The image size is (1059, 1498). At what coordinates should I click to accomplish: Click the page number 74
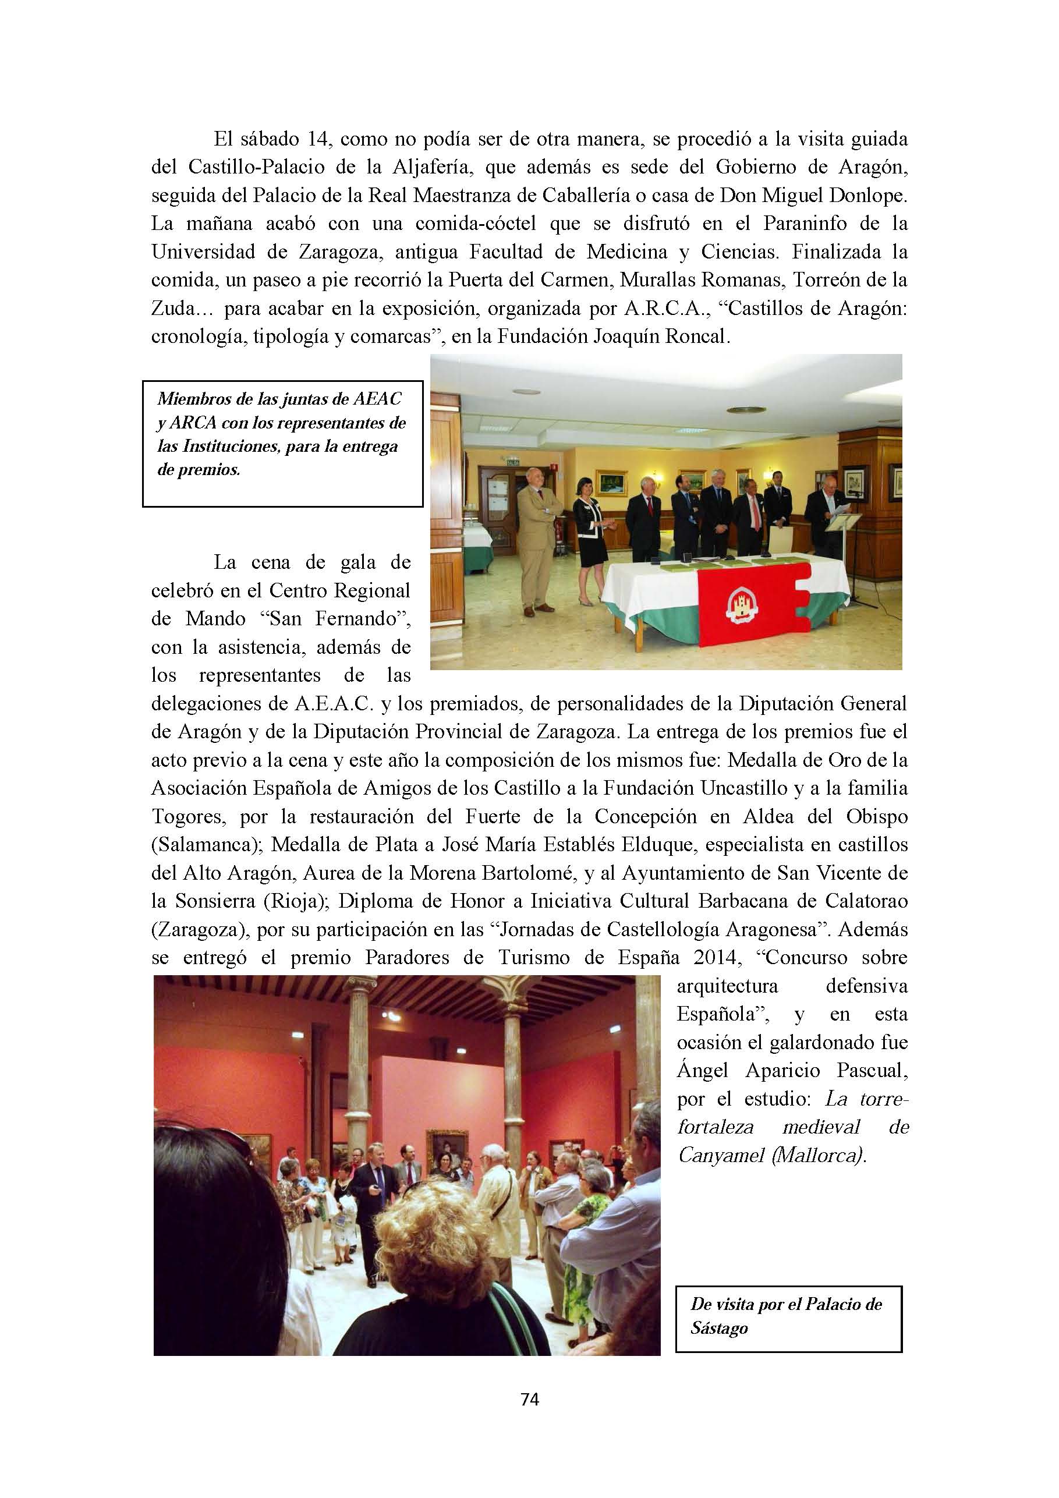[530, 1399]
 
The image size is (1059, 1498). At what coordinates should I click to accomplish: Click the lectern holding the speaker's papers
[843, 522]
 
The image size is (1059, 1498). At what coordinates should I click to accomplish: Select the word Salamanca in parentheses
[205, 844]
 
